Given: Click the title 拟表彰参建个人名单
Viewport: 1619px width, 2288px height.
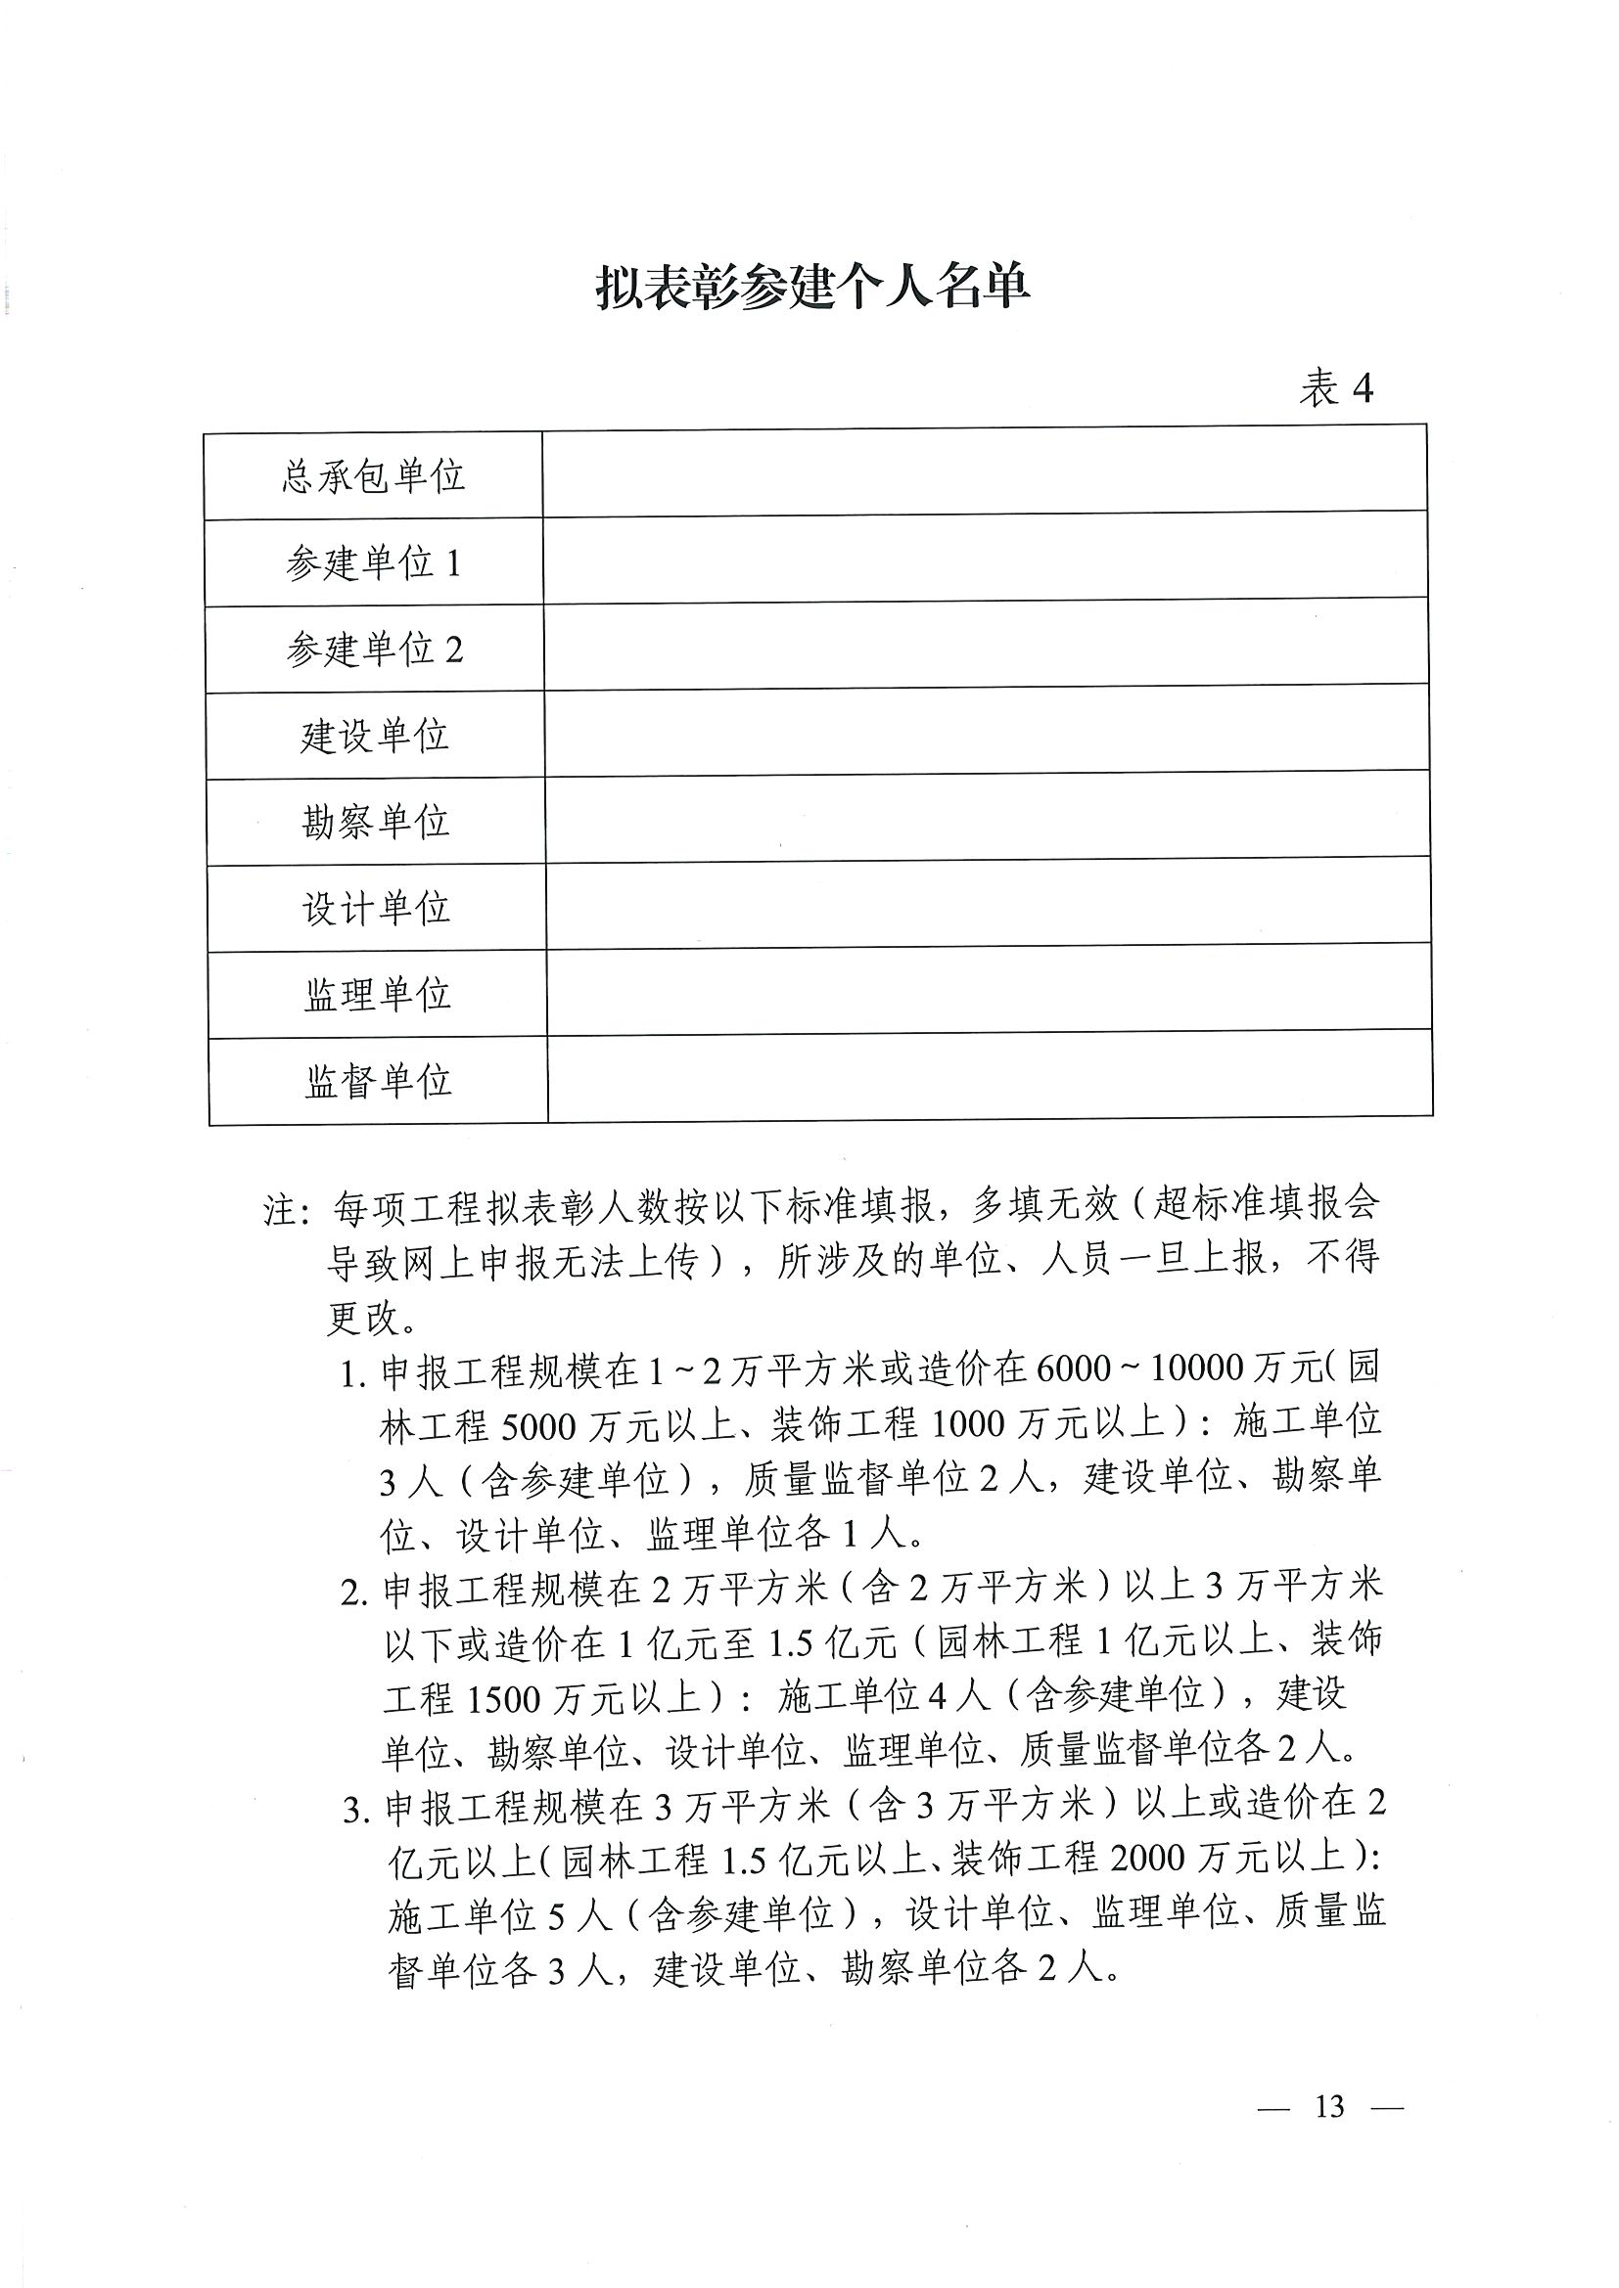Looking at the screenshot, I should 812,288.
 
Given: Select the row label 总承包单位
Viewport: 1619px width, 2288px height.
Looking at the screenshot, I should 374,476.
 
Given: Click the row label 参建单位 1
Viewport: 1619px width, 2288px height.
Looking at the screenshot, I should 374,564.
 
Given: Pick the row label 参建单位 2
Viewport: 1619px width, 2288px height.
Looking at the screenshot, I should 375,650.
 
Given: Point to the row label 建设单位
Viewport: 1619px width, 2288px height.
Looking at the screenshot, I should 375,737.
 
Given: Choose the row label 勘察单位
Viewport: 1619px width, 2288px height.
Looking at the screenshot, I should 376,822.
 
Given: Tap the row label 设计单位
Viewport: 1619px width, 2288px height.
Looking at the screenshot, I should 376,908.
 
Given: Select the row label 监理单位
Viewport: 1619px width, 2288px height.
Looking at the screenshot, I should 377,995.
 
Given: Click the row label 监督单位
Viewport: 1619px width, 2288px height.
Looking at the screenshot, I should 378,1081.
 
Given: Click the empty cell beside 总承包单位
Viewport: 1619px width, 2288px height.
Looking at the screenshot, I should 984,472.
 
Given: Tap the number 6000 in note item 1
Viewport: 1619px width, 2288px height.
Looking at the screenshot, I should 1073,1370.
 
